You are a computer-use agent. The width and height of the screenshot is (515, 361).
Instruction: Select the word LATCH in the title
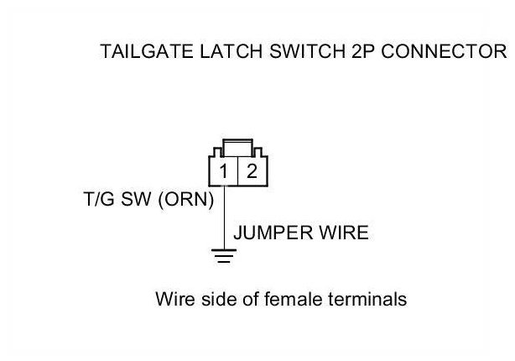click(222, 51)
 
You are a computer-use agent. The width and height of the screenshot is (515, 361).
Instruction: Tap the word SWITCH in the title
click(293, 51)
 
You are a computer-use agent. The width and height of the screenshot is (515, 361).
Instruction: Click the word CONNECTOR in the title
click(436, 51)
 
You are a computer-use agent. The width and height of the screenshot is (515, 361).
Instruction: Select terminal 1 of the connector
click(225, 172)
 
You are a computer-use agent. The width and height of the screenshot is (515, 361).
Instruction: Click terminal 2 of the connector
click(251, 172)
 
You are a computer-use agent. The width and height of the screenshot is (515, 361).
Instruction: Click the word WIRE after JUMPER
click(342, 233)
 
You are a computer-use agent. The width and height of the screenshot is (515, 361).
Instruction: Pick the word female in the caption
click(290, 299)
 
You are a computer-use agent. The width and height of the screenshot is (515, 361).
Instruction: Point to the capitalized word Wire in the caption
click(174, 299)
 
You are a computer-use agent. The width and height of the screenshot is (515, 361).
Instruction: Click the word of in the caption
click(247, 299)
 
